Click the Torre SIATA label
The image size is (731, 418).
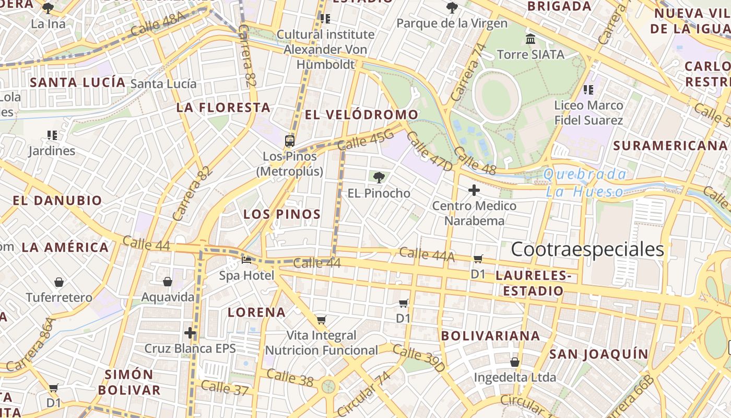(x=530, y=54)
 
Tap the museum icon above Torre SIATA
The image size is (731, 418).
(x=531, y=39)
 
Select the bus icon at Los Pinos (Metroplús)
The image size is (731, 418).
(x=289, y=141)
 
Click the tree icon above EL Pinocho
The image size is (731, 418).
(x=379, y=178)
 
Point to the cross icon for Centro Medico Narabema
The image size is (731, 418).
(x=474, y=190)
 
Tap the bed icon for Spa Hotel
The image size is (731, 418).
(x=246, y=260)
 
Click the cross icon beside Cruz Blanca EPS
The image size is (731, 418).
(x=190, y=333)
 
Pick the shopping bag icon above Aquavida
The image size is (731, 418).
(x=168, y=282)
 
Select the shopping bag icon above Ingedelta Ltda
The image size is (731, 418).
(x=515, y=362)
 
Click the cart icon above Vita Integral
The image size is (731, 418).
(x=321, y=320)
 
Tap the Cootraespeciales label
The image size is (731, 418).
(x=587, y=249)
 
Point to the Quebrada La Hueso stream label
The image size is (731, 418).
(x=585, y=183)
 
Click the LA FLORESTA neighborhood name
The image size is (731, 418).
(x=223, y=108)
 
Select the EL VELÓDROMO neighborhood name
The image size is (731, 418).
(x=361, y=114)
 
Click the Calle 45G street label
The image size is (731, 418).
(x=365, y=140)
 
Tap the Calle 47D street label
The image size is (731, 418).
(x=429, y=152)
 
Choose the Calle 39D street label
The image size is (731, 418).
(x=419, y=358)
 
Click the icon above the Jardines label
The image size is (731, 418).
(x=52, y=135)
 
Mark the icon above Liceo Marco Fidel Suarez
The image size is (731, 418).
(x=588, y=90)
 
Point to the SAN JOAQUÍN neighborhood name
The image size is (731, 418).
(x=598, y=354)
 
